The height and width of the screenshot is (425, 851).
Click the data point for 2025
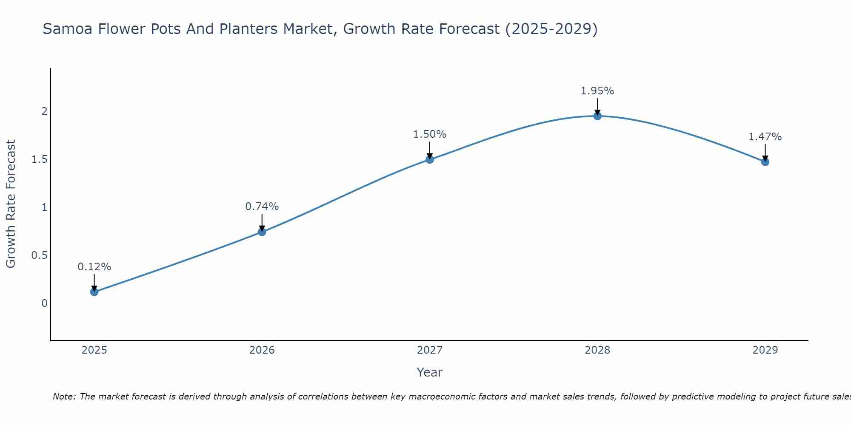pyautogui.click(x=94, y=292)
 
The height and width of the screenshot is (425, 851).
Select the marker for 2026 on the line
pyautogui.click(x=262, y=232)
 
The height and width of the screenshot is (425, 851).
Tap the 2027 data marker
pyautogui.click(x=429, y=159)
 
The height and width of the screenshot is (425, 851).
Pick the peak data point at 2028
pyautogui.click(x=597, y=116)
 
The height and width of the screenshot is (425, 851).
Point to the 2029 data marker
pyautogui.click(x=765, y=162)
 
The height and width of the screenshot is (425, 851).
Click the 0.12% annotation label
pyautogui.click(x=94, y=267)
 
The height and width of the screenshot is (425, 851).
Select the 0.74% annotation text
pyautogui.click(x=262, y=207)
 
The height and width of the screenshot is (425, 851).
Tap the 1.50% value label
pyautogui.click(x=429, y=134)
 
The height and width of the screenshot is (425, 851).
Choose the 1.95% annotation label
pyautogui.click(x=597, y=91)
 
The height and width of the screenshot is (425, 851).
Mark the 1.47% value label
pyautogui.click(x=765, y=137)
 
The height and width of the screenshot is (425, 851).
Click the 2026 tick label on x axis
pyautogui.click(x=262, y=350)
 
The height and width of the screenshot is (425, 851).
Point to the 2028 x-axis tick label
pyautogui.click(x=597, y=350)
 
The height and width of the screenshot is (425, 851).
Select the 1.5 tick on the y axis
pyautogui.click(x=39, y=159)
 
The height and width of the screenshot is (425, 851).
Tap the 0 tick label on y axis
pyautogui.click(x=44, y=303)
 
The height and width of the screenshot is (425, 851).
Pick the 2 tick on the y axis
pyautogui.click(x=44, y=111)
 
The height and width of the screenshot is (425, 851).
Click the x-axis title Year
pyautogui.click(x=429, y=372)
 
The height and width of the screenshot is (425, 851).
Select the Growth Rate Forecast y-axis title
pyautogui.click(x=11, y=204)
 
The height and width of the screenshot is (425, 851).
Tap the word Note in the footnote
pyautogui.click(x=64, y=397)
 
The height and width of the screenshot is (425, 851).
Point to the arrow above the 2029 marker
pyautogui.click(x=765, y=152)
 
